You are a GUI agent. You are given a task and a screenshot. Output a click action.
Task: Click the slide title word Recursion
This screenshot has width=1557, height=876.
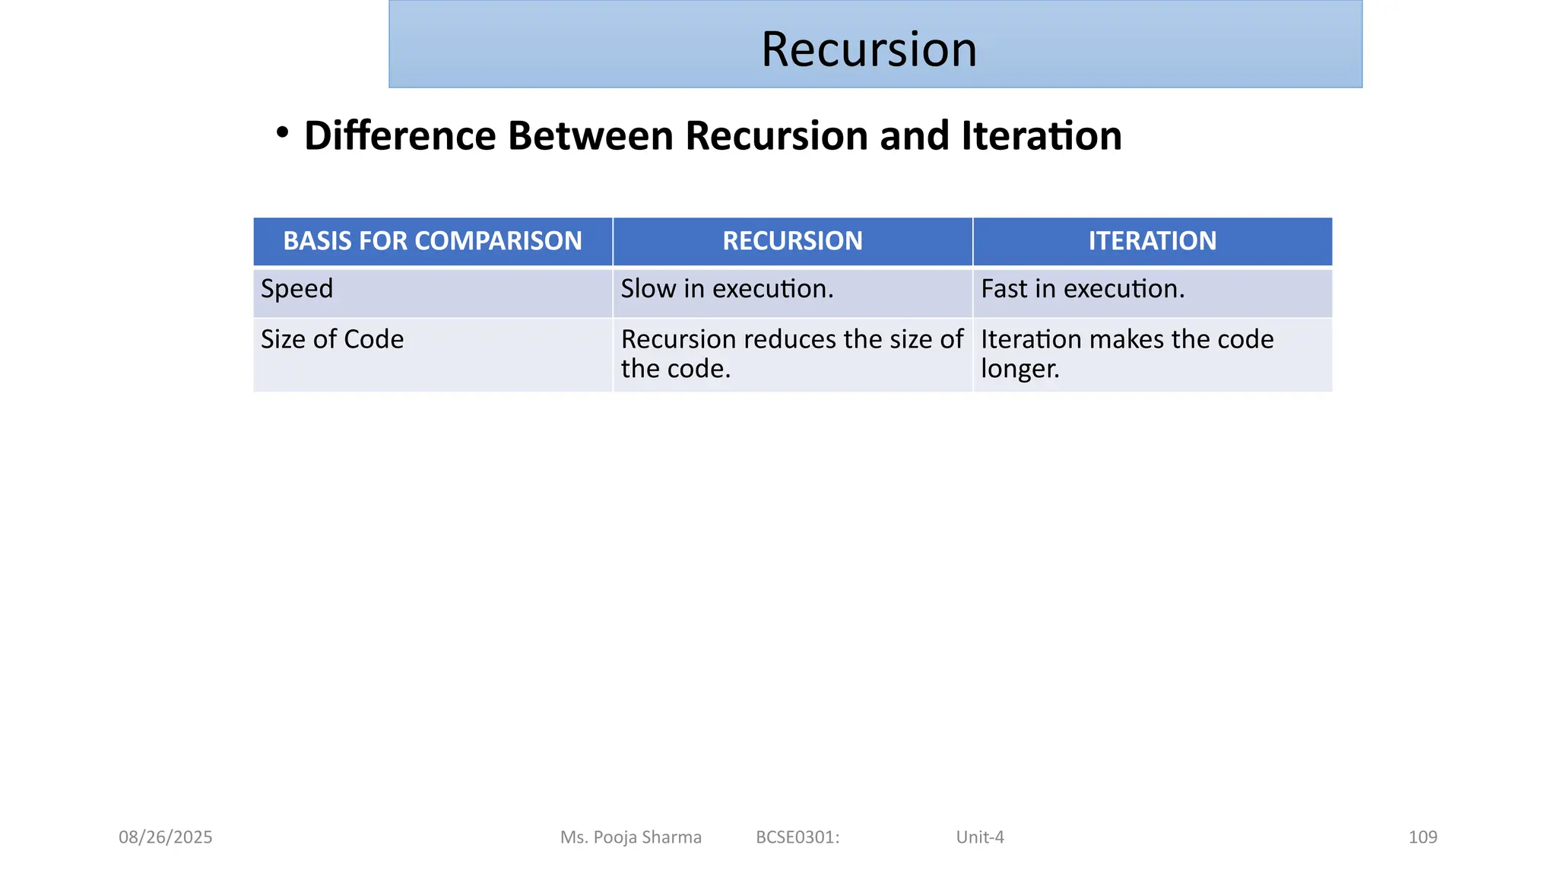pyautogui.click(x=868, y=49)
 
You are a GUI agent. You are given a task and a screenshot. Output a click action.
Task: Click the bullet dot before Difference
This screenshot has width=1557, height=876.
pyautogui.click(x=283, y=132)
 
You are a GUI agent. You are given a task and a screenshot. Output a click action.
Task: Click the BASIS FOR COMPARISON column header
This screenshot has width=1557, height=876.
pyautogui.click(x=433, y=241)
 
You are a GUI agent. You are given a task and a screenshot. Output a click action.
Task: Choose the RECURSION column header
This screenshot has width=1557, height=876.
pyautogui.click(x=792, y=241)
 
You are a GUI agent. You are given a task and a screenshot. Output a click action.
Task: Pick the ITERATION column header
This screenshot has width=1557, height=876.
pyautogui.click(x=1152, y=241)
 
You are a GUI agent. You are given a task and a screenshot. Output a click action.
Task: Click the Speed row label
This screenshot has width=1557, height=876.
pyautogui.click(x=297, y=289)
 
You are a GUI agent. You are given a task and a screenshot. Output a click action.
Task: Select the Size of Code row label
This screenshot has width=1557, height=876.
pyautogui.click(x=332, y=339)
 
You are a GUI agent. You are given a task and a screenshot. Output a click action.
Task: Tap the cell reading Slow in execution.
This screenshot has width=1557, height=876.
pyautogui.click(x=727, y=289)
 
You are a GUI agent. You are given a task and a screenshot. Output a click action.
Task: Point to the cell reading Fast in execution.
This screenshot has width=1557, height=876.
pyautogui.click(x=1083, y=289)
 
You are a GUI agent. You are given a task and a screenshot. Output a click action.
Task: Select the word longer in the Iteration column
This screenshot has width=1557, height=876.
pyautogui.click(x=1020, y=369)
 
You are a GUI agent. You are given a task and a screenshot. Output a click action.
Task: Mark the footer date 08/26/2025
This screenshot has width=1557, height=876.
pyautogui.click(x=166, y=837)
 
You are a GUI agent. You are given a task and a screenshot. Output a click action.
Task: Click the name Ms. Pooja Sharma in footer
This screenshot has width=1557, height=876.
pyautogui.click(x=631, y=837)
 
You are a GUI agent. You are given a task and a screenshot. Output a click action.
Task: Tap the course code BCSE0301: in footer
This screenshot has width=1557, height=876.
pyautogui.click(x=798, y=837)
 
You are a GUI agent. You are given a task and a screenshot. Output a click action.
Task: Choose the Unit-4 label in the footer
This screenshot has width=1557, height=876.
pyautogui.click(x=980, y=837)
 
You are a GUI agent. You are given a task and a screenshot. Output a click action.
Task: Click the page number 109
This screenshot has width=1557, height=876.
pyautogui.click(x=1422, y=837)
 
